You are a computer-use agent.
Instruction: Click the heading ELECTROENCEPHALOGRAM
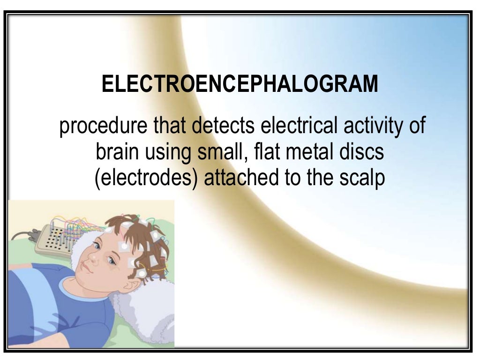pyautogui.click(x=240, y=84)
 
